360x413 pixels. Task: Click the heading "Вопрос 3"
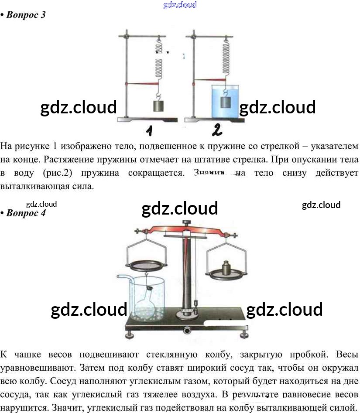pyautogui.click(x=26, y=15)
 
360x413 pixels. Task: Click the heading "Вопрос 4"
pyautogui.click(x=26, y=213)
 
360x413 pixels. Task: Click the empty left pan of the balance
pyautogui.click(x=145, y=266)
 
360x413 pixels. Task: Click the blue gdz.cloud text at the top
pyautogui.click(x=180, y=5)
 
